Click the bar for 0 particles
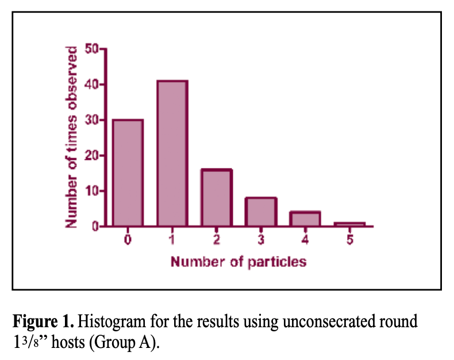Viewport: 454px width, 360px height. pyautogui.click(x=128, y=173)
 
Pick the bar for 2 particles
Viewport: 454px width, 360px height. pyautogui.click(x=216, y=197)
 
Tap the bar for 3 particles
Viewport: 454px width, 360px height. pyautogui.click(x=260, y=212)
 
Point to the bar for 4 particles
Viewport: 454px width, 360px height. pyautogui.click(x=305, y=219)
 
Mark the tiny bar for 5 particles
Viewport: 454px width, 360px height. pyautogui.click(x=349, y=224)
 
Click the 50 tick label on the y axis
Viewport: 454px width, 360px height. pyautogui.click(x=92, y=49)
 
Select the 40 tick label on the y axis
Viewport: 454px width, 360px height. pyautogui.click(x=92, y=85)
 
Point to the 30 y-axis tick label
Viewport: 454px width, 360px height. pyautogui.click(x=92, y=120)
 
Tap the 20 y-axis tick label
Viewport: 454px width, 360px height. pyautogui.click(x=92, y=156)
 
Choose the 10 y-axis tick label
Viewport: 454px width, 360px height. pyautogui.click(x=92, y=191)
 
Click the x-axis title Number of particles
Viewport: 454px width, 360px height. pyautogui.click(x=238, y=262)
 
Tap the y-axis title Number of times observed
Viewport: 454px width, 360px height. pyautogui.click(x=71, y=137)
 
